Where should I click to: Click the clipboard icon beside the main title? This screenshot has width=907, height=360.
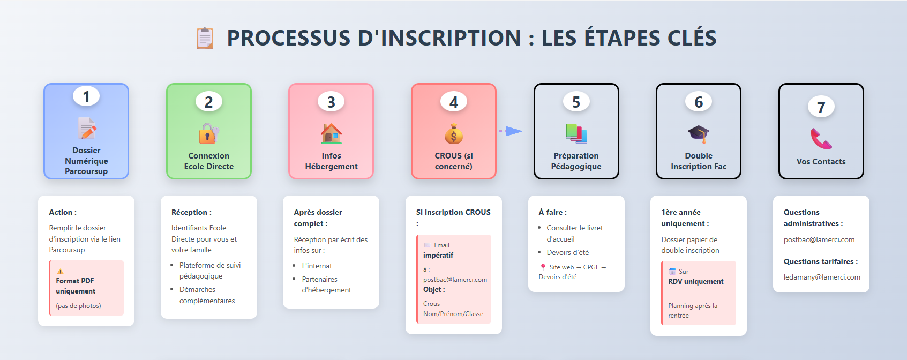(205, 38)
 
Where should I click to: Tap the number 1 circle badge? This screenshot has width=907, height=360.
(86, 97)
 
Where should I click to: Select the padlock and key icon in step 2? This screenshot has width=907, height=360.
(209, 133)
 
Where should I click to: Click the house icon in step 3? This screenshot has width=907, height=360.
(331, 133)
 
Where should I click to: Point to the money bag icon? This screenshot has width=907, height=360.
(453, 133)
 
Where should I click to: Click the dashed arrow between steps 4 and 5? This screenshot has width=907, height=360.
(511, 131)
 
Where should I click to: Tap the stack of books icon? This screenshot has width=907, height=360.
(576, 133)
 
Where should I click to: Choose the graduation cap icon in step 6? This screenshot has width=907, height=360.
(699, 134)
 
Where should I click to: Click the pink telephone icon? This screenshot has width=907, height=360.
(821, 139)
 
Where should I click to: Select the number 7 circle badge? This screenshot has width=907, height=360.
(821, 107)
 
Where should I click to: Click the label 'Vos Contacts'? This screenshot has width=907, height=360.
(821, 162)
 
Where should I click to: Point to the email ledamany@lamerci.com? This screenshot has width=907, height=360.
(822, 277)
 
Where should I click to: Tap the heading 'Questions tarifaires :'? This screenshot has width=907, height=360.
(821, 261)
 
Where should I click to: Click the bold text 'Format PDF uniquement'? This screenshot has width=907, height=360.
(76, 286)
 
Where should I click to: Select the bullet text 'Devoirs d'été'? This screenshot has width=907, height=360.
(568, 252)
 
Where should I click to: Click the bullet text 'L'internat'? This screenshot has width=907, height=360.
(317, 266)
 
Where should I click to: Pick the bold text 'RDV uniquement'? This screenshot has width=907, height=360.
(696, 281)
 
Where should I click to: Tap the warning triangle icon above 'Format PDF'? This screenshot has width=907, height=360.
(61, 271)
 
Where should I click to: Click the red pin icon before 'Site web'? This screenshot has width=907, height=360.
(543, 267)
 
